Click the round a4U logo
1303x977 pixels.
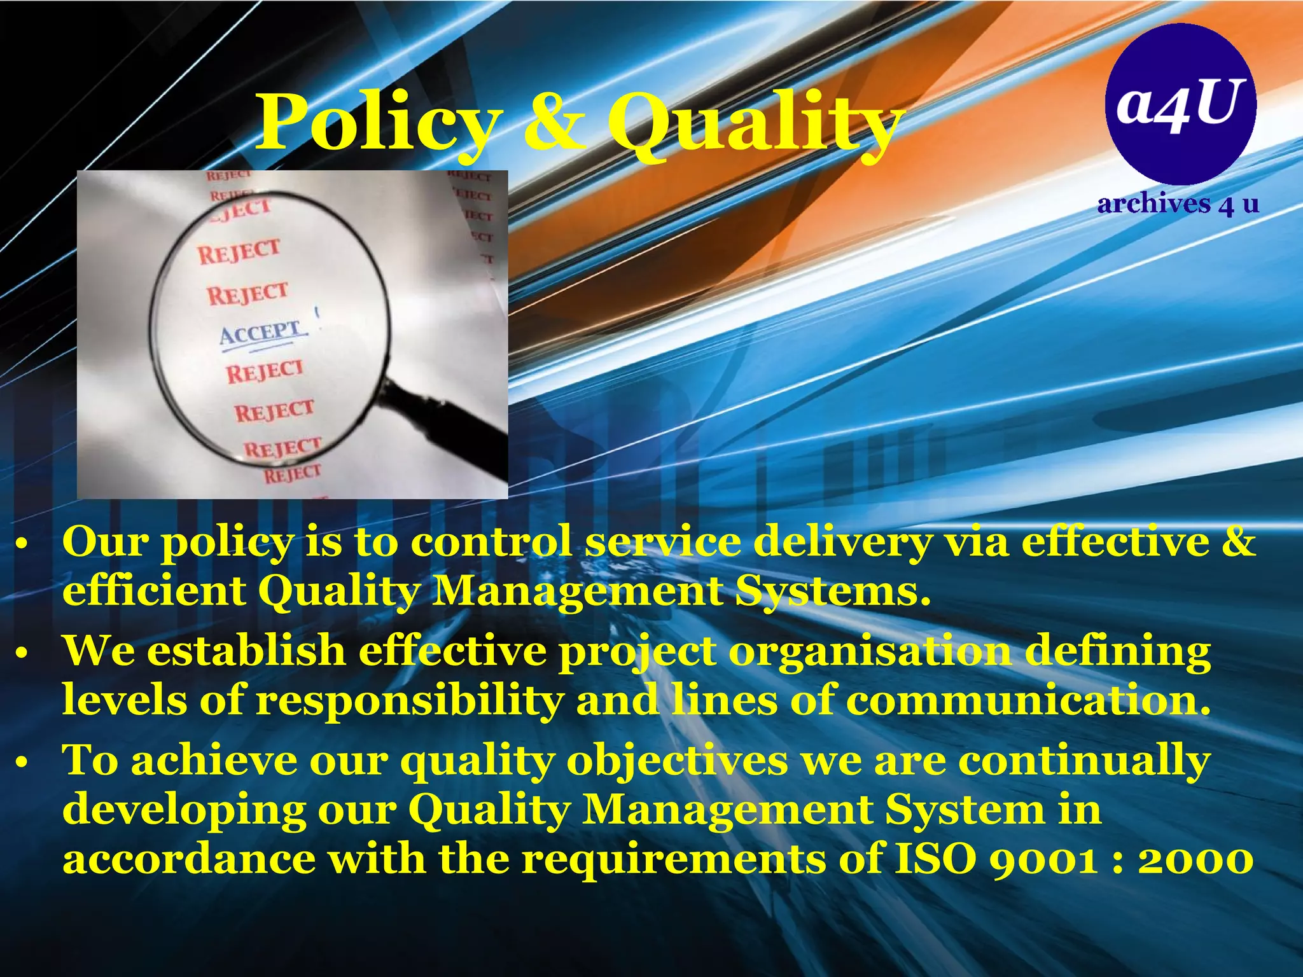[x=1181, y=104]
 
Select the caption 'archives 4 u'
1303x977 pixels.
[x=1178, y=204]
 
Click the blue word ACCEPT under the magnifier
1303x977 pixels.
[x=261, y=333]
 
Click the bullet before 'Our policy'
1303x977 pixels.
[x=22, y=545]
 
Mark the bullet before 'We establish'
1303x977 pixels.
[x=22, y=654]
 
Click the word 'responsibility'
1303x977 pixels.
[x=410, y=700]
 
